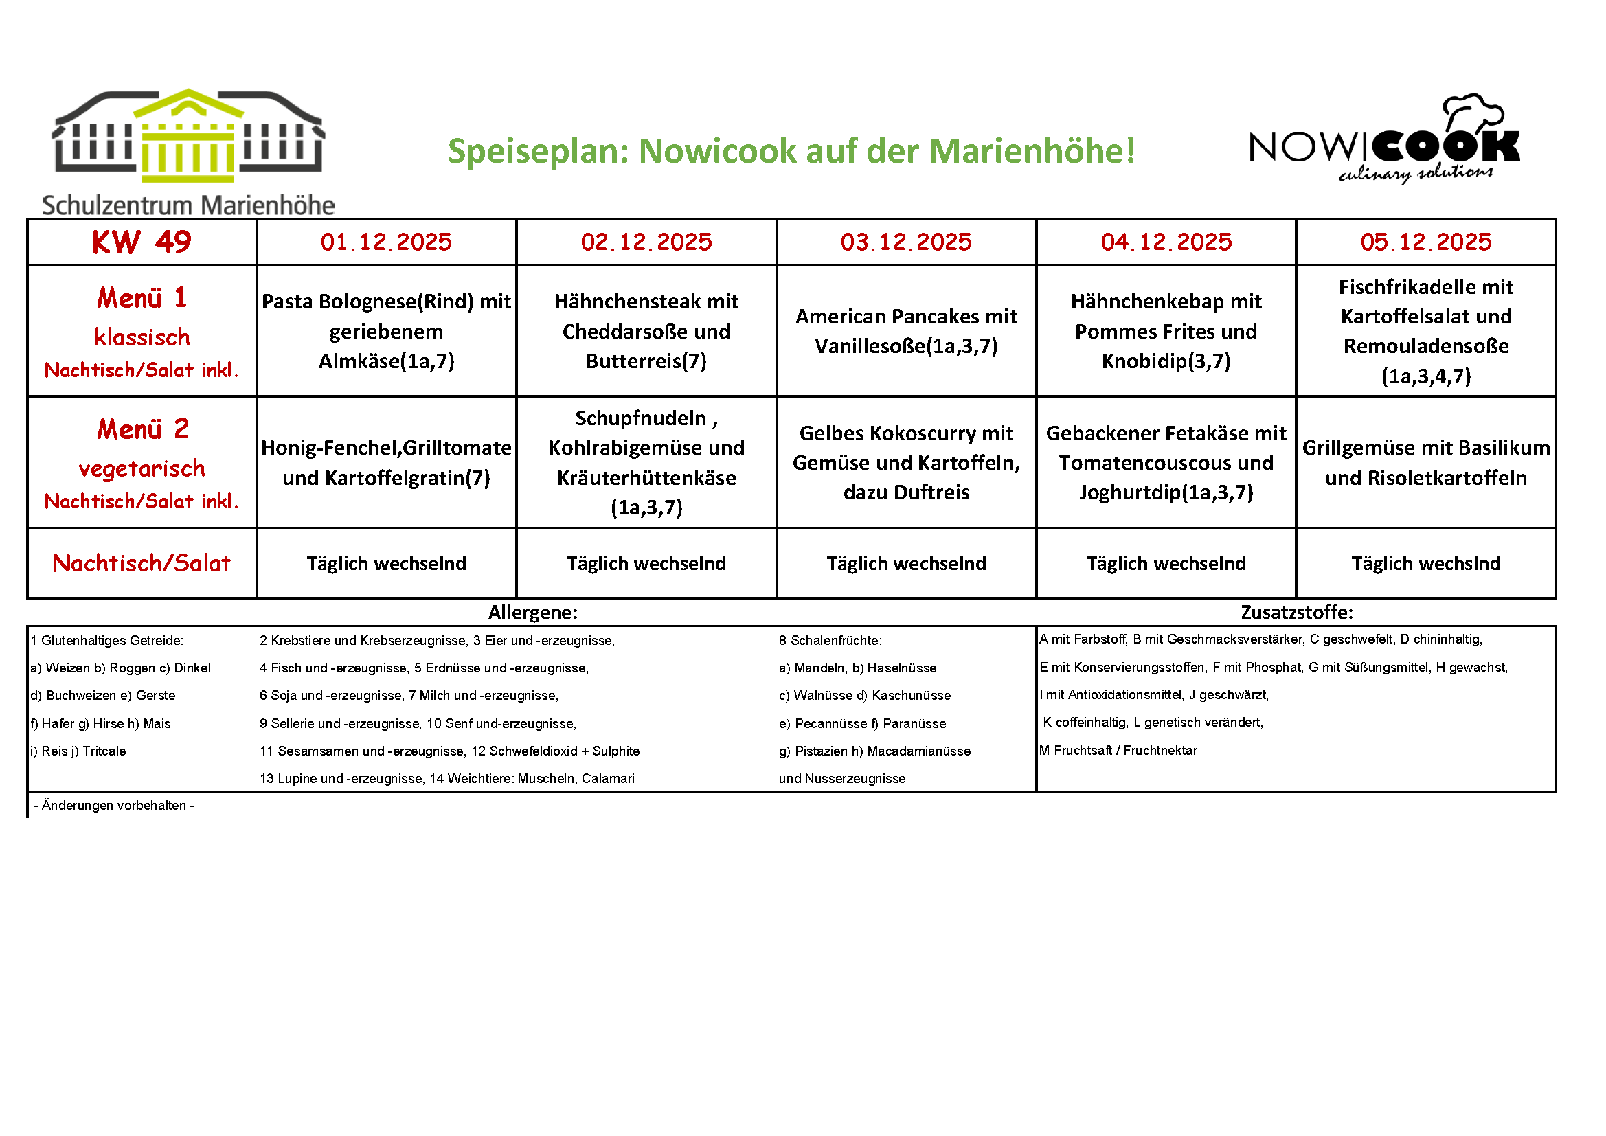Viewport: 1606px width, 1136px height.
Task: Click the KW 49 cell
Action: point(142,242)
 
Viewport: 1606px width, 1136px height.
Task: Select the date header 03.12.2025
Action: point(906,242)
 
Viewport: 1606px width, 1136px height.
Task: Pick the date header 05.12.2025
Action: point(1425,242)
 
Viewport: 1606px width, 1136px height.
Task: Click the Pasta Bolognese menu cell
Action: point(386,331)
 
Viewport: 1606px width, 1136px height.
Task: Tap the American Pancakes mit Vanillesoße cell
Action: point(906,331)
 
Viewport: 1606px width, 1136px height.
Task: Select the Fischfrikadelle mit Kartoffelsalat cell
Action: point(1425,331)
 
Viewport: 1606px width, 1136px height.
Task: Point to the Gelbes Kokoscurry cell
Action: point(906,462)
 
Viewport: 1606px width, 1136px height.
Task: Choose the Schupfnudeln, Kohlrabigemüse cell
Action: point(646,462)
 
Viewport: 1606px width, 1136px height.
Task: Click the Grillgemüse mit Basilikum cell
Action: point(1425,462)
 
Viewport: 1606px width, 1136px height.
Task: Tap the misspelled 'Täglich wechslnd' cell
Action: point(1425,563)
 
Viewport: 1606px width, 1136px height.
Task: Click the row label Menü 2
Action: point(143,429)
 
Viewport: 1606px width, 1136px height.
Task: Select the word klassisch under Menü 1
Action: point(142,337)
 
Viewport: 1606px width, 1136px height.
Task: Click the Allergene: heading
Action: point(533,613)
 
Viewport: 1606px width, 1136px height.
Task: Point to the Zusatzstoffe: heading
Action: point(1297,613)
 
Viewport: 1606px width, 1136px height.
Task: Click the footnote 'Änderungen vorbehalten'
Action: point(114,805)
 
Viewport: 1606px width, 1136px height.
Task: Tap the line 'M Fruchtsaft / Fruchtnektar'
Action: point(1118,751)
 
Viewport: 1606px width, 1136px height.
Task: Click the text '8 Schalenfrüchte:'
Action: point(830,640)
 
